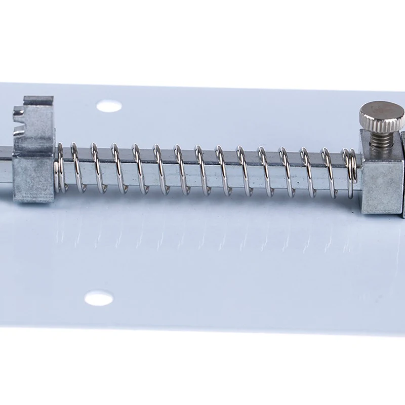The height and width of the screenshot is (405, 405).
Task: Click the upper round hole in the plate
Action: pos(109,106)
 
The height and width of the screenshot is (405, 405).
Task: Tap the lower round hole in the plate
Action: pos(99,298)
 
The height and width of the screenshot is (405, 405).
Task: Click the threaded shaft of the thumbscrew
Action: pos(382,138)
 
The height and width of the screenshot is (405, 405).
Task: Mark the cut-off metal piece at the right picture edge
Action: pos(403,172)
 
